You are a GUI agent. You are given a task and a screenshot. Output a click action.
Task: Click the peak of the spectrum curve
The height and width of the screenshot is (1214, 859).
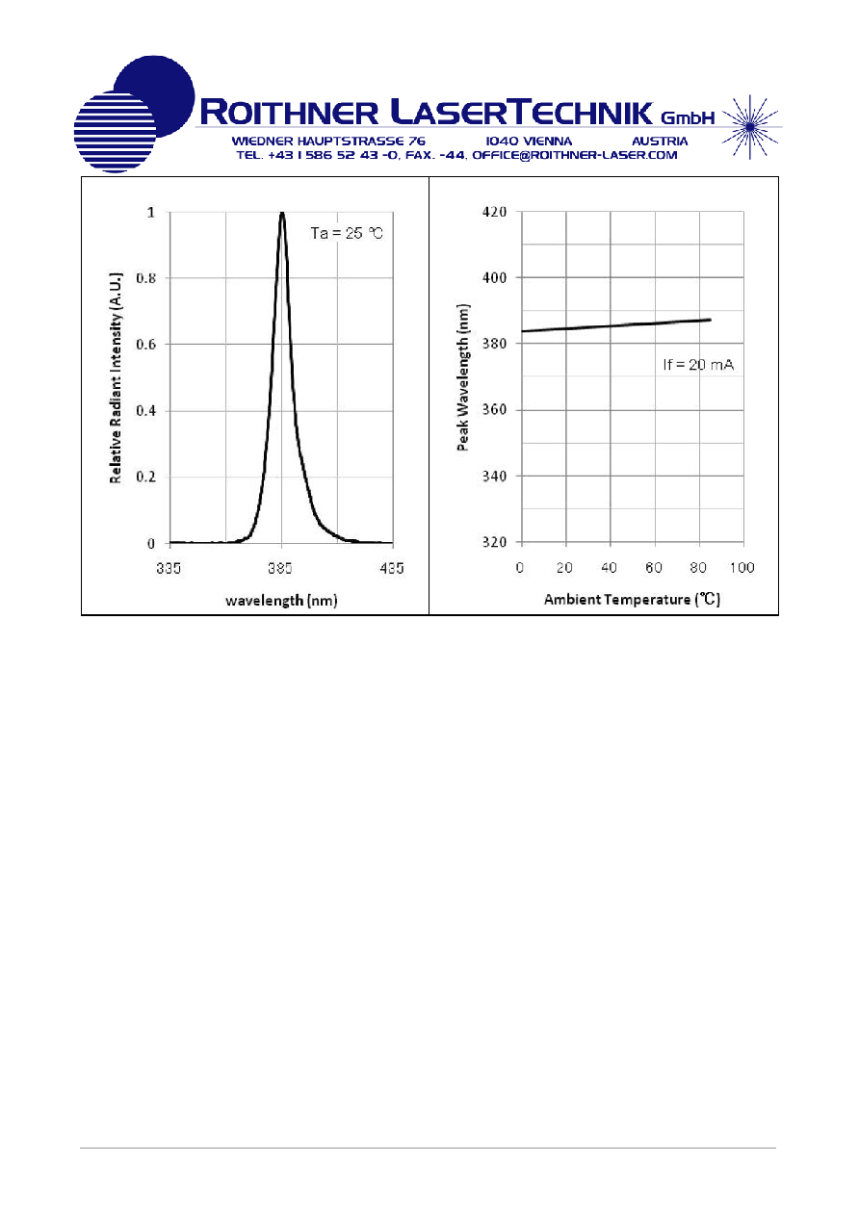click(282, 213)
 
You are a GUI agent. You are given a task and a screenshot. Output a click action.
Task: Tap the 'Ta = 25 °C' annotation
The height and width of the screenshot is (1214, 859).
click(347, 233)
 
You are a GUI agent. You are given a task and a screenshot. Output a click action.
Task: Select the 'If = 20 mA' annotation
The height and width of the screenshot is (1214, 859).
click(698, 365)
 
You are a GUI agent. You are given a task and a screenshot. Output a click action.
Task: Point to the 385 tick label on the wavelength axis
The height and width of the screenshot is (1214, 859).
click(280, 568)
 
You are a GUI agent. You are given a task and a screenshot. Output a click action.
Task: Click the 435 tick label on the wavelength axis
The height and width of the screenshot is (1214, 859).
click(392, 568)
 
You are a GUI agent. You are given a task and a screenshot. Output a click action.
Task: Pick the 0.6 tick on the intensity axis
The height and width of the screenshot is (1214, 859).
click(145, 345)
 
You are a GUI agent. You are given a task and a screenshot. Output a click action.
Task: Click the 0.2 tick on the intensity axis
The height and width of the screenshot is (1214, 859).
click(145, 477)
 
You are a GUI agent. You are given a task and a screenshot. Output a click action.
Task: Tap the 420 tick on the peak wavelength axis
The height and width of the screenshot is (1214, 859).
click(494, 212)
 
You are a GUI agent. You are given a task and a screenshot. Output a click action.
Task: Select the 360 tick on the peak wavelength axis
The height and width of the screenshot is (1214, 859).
click(494, 410)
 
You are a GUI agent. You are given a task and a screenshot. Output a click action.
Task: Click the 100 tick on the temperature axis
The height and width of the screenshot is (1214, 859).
click(742, 567)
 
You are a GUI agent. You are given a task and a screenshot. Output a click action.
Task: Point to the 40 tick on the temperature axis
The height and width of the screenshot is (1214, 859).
click(609, 567)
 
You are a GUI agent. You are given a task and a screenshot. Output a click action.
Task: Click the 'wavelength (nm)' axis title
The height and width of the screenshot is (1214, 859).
click(281, 601)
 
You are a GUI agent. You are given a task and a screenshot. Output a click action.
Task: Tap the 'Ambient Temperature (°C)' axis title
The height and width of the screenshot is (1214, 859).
click(632, 600)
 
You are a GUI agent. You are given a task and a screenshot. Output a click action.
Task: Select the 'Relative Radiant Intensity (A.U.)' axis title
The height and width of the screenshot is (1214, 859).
click(116, 377)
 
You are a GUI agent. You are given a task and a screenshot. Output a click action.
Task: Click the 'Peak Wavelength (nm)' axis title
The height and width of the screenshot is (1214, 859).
click(463, 377)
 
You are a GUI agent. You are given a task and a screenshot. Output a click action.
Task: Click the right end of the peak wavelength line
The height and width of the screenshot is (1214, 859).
click(711, 320)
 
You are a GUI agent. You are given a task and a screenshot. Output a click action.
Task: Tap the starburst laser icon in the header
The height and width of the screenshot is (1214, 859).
click(750, 127)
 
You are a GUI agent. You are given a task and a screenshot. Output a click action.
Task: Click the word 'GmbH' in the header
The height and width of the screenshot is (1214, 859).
click(688, 117)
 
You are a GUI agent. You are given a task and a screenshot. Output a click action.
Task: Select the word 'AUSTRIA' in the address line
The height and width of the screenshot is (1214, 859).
click(660, 142)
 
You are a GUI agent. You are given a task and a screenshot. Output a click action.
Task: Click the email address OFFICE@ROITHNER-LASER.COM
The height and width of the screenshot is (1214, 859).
click(575, 155)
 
